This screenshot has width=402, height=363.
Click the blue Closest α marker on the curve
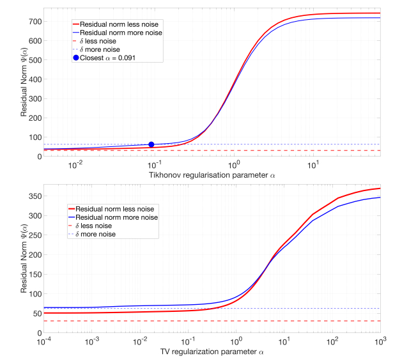(x=151, y=144)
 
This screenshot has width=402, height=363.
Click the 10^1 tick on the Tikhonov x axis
(x=313, y=164)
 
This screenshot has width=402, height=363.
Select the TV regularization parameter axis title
(x=213, y=352)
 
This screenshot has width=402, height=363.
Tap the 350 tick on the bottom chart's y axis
(x=35, y=196)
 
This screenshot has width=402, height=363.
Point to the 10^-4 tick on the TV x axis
(x=43, y=342)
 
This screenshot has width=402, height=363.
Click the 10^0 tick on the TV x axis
(x=236, y=342)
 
